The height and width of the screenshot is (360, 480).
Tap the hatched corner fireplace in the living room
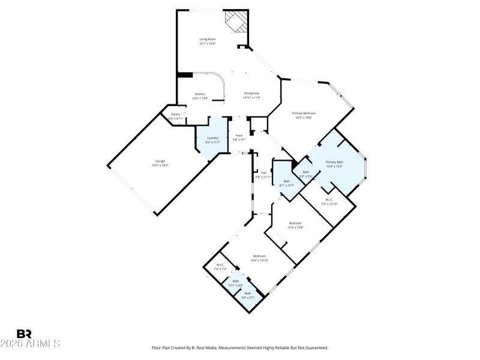[236, 22]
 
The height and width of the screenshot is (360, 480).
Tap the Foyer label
[239, 137]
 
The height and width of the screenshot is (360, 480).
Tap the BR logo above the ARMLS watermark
[24, 334]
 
